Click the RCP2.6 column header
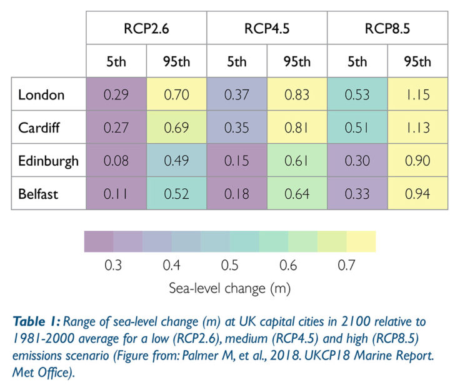tap(146, 28)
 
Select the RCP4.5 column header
tap(267, 28)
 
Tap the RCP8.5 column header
tap(387, 28)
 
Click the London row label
tap(41, 95)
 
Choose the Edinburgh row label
tap(49, 161)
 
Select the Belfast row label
tap(38, 194)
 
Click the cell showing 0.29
tap(116, 95)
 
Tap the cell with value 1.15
tap(417, 95)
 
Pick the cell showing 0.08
tap(116, 161)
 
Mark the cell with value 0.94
tap(417, 194)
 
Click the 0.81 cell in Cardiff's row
tap(297, 128)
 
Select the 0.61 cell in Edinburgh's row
tap(297, 161)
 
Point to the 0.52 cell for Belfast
tap(176, 194)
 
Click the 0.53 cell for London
tap(357, 95)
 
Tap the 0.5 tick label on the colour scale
tap(229, 266)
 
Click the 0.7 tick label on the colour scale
tap(346, 266)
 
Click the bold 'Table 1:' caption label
tap(39, 322)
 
